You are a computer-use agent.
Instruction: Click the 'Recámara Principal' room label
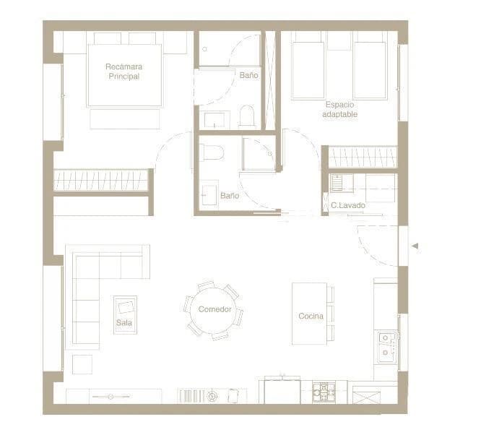(x=123, y=72)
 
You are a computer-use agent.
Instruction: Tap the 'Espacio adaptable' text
(x=339, y=110)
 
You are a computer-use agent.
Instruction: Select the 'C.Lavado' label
(x=348, y=206)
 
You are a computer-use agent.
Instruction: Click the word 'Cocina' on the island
(x=311, y=316)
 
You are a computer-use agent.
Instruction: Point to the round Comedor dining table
(x=214, y=310)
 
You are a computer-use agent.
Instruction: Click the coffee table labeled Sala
(x=125, y=314)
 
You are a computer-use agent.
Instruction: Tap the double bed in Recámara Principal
(x=124, y=72)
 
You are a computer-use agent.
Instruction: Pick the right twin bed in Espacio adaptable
(x=369, y=69)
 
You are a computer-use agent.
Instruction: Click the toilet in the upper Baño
(x=247, y=116)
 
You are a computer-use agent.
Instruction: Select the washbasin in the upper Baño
(x=214, y=119)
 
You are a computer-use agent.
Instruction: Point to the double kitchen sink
(x=386, y=345)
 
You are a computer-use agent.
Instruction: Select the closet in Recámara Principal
(x=101, y=181)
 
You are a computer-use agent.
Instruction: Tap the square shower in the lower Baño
(x=258, y=153)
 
